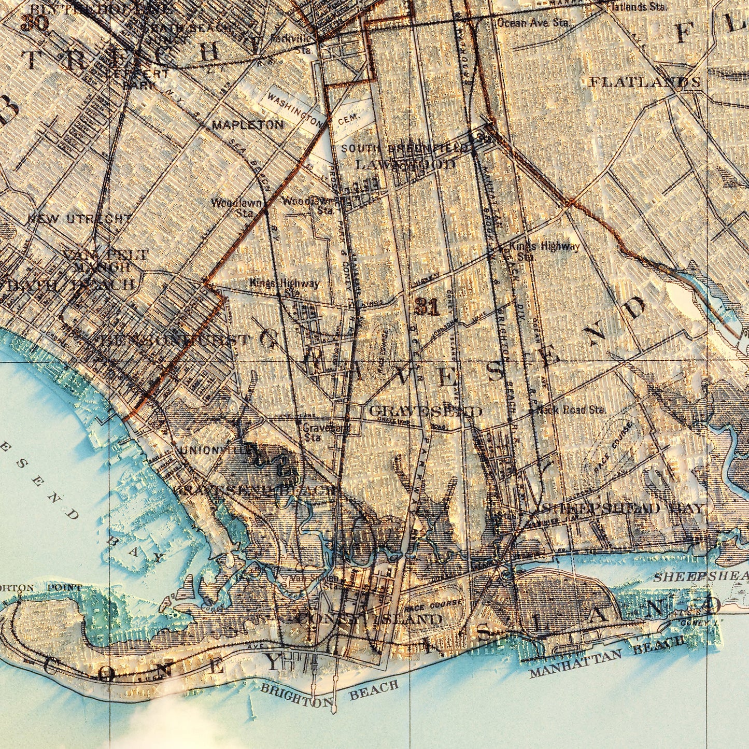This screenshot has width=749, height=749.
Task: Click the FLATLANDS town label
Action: click(x=645, y=82)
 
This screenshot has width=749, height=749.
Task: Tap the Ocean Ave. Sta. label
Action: click(x=532, y=23)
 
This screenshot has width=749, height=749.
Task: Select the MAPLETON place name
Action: click(x=248, y=125)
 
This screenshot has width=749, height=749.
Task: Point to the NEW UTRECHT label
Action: click(x=80, y=219)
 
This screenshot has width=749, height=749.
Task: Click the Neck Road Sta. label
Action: click(x=571, y=410)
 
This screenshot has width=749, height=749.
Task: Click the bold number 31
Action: click(x=427, y=307)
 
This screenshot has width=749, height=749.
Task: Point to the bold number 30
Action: click(x=35, y=23)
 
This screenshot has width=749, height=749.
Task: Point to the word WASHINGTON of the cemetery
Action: click(x=295, y=109)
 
